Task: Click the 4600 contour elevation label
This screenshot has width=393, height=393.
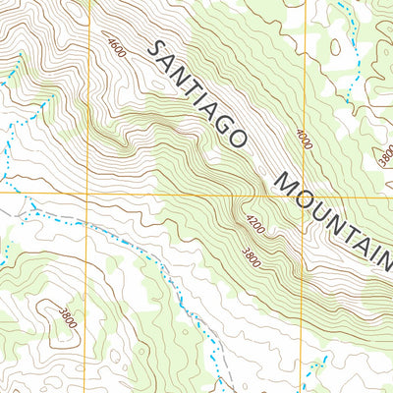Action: coord(119,46)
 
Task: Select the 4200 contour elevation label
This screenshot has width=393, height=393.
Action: coord(255,225)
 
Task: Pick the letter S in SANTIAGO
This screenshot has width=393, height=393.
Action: coord(154,49)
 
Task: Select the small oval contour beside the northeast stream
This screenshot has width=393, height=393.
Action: coord(336,46)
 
